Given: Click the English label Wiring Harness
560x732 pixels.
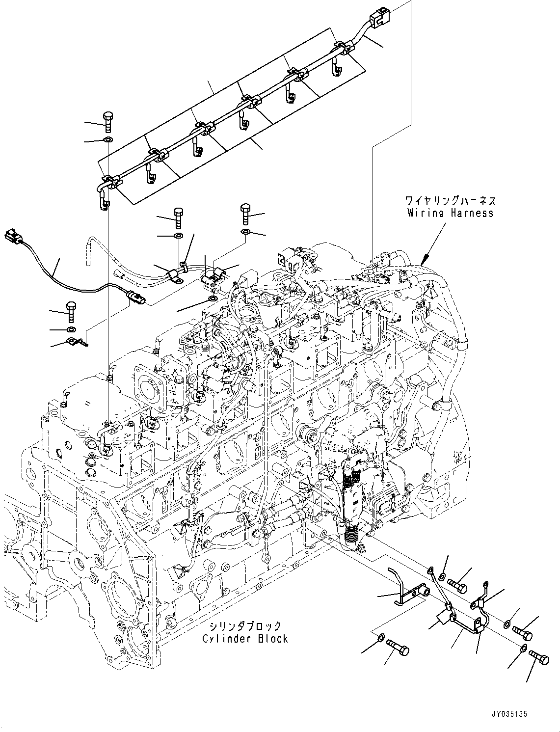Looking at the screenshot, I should pos(450,213).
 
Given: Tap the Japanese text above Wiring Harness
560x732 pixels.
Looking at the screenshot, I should pos(450,201).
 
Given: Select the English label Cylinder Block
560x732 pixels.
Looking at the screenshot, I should pos(245,639).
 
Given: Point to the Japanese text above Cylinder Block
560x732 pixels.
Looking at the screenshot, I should pos(245,626).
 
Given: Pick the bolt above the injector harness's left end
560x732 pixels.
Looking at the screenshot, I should pos(108,121).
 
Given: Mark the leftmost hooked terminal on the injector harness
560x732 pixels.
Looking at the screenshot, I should pos(104,201).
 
